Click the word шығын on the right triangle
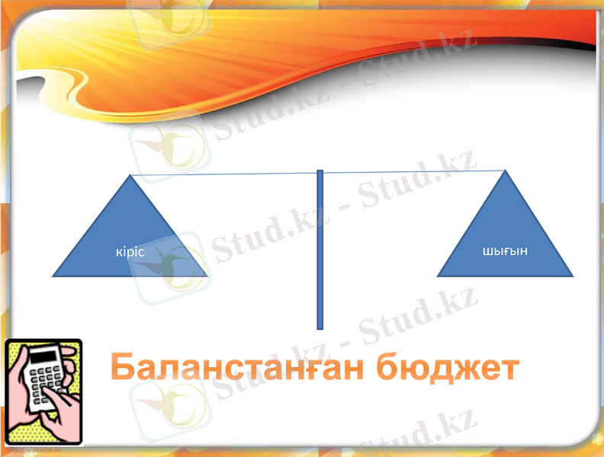click(x=506, y=251)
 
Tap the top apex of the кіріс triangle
click(x=130, y=176)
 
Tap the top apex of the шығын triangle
click(x=505, y=171)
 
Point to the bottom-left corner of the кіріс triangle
click(x=53, y=275)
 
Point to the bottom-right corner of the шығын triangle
click(x=572, y=275)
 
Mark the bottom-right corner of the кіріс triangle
click(x=207, y=275)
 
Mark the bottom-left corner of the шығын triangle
click(x=439, y=275)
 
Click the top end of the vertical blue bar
click(x=320, y=171)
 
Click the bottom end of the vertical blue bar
click(x=320, y=328)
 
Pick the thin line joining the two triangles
click(x=229, y=174)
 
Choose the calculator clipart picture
click(x=43, y=391)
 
